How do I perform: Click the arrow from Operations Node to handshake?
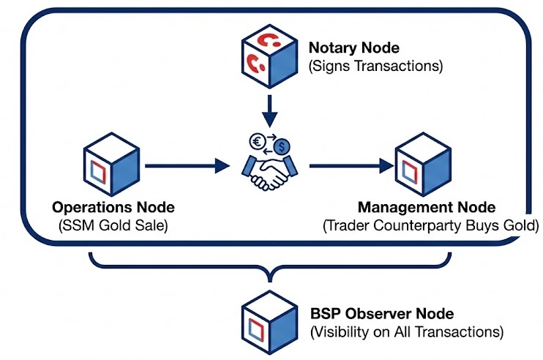pos(187,167)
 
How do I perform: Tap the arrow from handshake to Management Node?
pos(351,167)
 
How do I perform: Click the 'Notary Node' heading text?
pos(353,48)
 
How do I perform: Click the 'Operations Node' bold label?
pos(113,208)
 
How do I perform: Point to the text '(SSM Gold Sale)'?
pos(113,226)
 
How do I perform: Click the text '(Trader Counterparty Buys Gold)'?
pos(430,226)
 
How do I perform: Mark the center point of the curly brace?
pos(270,274)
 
